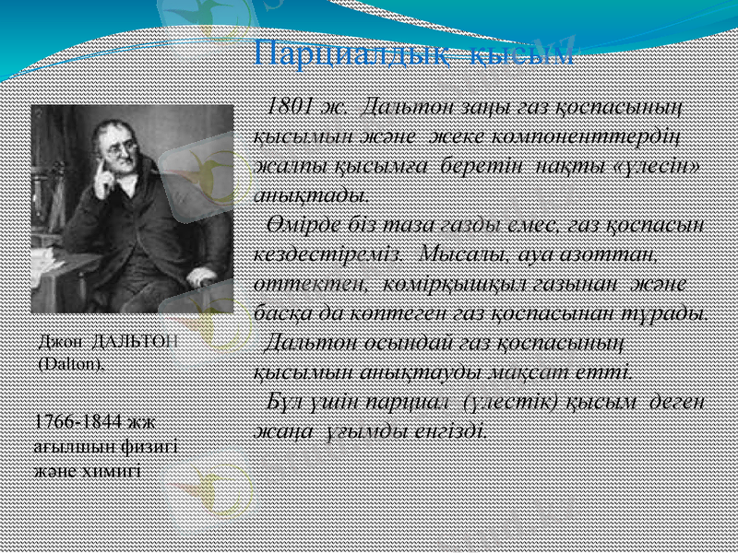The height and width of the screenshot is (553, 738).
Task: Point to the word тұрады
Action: tap(673, 312)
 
